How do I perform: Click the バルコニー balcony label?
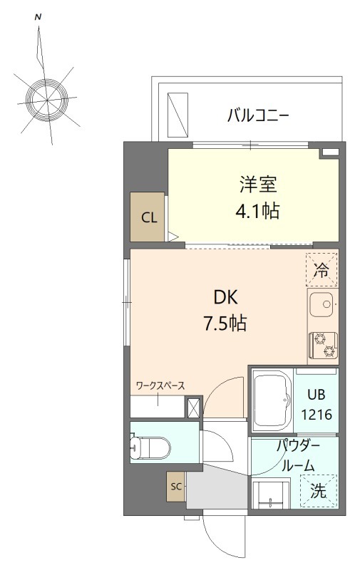point(257,115)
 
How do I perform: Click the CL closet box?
point(148,217)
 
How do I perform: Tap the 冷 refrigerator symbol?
point(322,269)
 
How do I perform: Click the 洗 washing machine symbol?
point(320,490)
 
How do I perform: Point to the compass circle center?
point(48,98)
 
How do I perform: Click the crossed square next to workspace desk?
point(192,407)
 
